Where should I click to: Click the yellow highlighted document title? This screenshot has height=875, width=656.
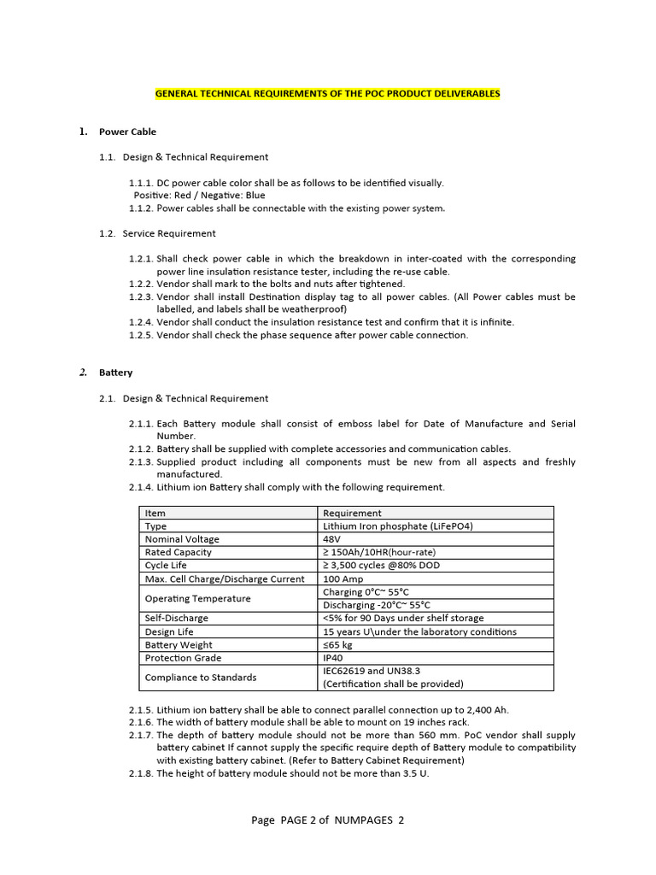coord(327,93)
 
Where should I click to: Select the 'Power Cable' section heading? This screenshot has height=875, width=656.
coord(127,132)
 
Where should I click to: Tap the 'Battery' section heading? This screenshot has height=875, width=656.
coord(115,373)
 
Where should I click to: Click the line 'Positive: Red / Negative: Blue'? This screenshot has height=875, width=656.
coord(199,195)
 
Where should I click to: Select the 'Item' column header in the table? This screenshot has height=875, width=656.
coord(155,513)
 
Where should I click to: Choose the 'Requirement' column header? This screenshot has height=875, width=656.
coord(352,513)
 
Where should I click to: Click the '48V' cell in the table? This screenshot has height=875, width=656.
coord(332,539)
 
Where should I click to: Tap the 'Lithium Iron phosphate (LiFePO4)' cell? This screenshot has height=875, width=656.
coord(397,526)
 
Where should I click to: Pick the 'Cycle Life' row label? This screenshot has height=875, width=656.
coord(166,566)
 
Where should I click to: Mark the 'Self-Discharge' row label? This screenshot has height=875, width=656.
coord(176,618)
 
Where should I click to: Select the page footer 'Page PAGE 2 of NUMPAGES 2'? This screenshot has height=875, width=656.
coord(327,820)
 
